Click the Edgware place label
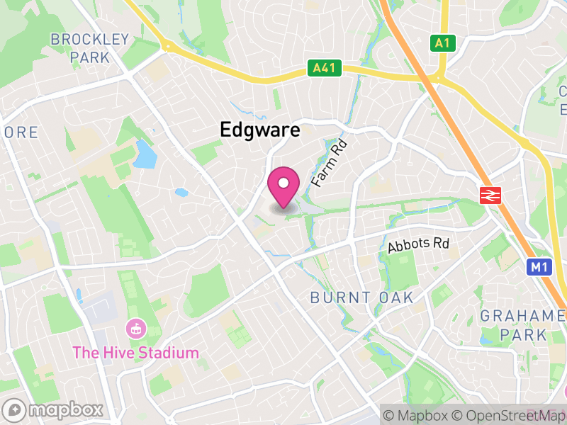(x=259, y=130)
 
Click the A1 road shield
(x=442, y=43)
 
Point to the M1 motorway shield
(x=539, y=267)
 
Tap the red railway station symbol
(x=490, y=195)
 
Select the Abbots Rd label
(x=419, y=246)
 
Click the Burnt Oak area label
(x=361, y=298)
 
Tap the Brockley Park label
(x=90, y=47)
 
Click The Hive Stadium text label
(x=136, y=352)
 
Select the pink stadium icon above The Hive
(x=134, y=329)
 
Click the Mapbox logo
(x=55, y=410)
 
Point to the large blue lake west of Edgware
(x=144, y=154)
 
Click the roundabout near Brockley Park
(x=167, y=47)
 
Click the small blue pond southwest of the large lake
(x=182, y=192)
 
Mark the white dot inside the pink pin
(x=283, y=183)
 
